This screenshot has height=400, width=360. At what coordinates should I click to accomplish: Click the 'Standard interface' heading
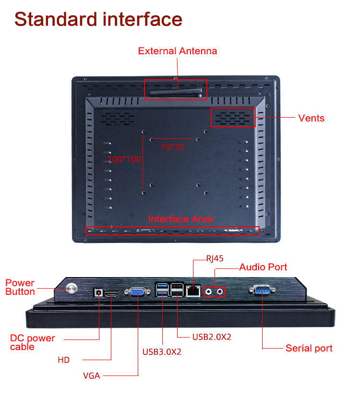tap(98, 19)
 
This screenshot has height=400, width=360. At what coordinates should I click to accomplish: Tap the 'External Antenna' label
tap(178, 51)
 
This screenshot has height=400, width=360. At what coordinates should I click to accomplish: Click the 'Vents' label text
tap(311, 118)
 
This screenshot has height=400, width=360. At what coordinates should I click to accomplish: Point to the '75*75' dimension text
tap(172, 147)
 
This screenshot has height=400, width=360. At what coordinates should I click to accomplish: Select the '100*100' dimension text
tap(124, 159)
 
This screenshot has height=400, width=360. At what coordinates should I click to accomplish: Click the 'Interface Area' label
tap(180, 219)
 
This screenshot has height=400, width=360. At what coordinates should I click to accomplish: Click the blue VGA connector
tap(137, 291)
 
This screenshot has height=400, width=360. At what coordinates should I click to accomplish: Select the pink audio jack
tap(220, 291)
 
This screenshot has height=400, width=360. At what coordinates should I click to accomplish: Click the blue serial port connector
tap(262, 290)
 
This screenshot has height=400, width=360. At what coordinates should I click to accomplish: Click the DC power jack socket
tap(99, 291)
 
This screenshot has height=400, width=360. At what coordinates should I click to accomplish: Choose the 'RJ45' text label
tap(215, 258)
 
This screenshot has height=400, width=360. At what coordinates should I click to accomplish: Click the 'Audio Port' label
tap(263, 267)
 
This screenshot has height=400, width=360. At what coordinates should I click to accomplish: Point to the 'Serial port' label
tap(309, 348)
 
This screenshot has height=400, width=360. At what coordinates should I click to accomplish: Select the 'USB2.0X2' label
tap(212, 337)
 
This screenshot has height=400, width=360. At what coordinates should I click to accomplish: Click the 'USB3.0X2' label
tap(162, 352)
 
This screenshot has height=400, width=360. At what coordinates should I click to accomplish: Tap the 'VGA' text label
tap(91, 376)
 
